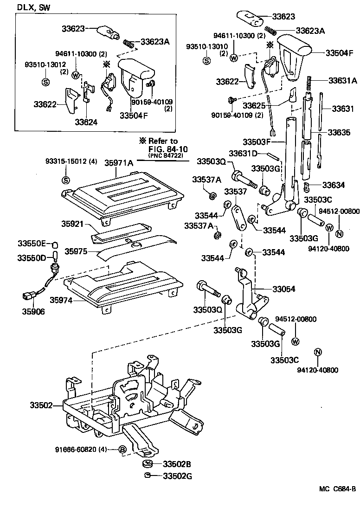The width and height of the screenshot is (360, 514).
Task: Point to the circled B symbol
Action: [x=122, y=450]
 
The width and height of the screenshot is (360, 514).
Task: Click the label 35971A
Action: [x=119, y=163]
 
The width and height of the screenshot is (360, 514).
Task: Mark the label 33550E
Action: [x=32, y=244]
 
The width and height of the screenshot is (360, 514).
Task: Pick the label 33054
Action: [x=284, y=289]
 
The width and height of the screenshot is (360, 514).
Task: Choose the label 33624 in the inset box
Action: [x=87, y=123]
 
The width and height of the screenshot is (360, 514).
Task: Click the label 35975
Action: [x=76, y=251]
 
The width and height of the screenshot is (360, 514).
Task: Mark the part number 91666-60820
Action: [x=81, y=450]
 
